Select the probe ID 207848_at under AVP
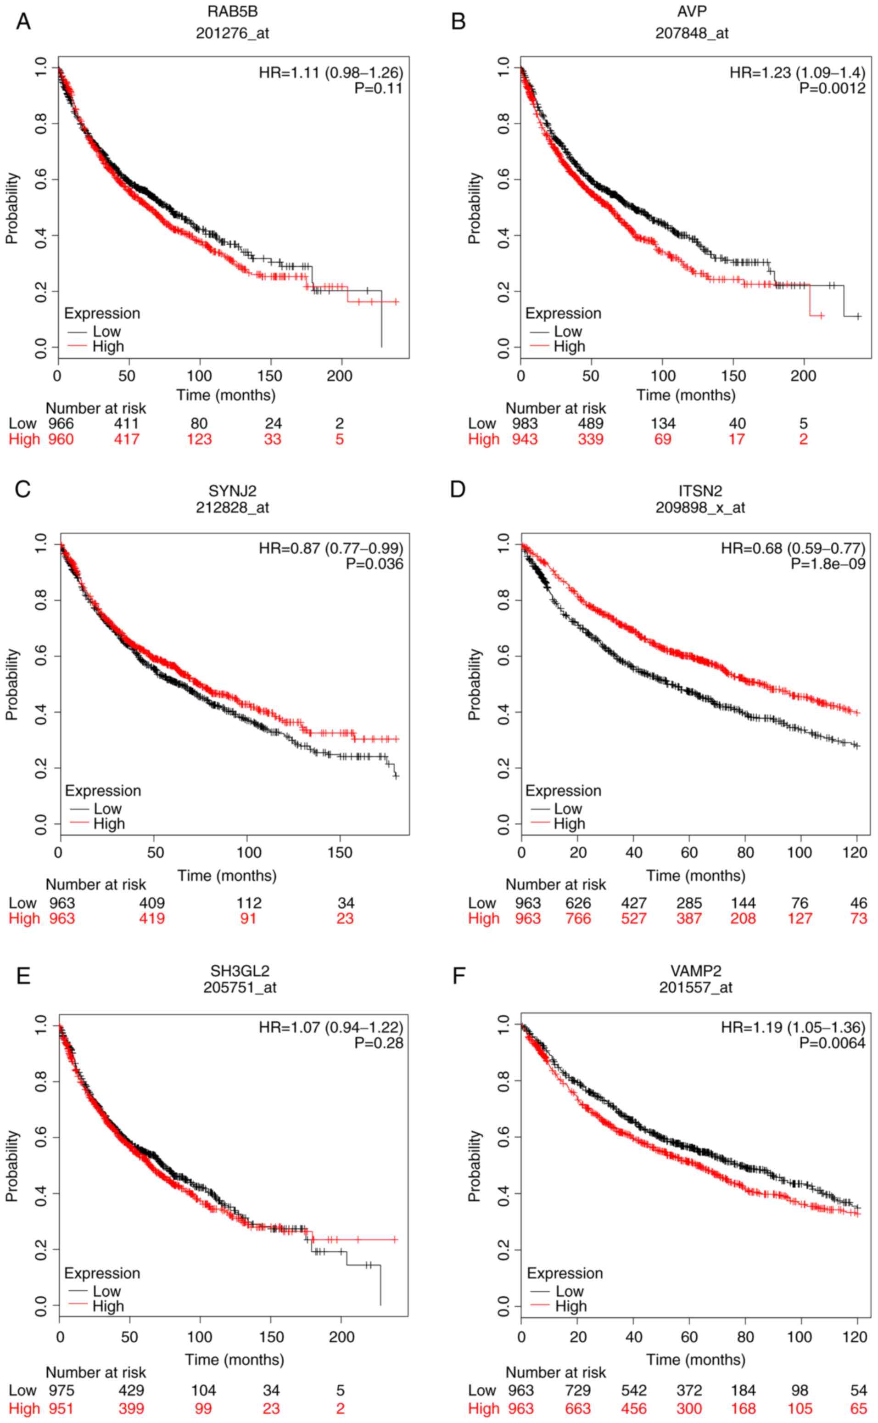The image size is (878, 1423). (x=692, y=33)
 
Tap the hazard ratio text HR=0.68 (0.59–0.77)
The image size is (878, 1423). (x=793, y=548)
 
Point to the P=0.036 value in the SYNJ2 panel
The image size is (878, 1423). (x=375, y=564)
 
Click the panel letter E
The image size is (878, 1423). (x=23, y=976)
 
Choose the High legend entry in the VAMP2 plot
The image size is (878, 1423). (x=570, y=1306)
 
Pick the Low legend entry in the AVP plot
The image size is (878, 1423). (x=567, y=332)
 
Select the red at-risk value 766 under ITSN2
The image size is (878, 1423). (x=578, y=918)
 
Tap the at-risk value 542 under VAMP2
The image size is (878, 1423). (x=633, y=1390)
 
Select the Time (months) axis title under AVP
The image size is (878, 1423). (x=685, y=395)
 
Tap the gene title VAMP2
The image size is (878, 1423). (x=696, y=971)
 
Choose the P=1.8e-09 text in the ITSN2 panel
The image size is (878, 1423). (x=828, y=564)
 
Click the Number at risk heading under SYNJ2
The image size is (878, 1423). (x=96, y=884)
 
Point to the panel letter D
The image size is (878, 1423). (x=458, y=489)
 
